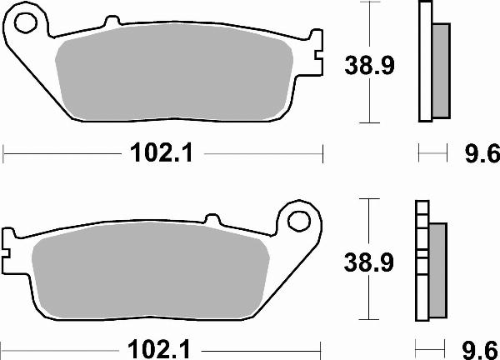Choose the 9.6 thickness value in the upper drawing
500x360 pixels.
pos(479,154)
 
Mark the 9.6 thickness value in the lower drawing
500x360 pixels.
pos(479,346)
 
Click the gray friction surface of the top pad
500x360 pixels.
pos(175,79)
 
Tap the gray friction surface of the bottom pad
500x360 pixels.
pos(150,275)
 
